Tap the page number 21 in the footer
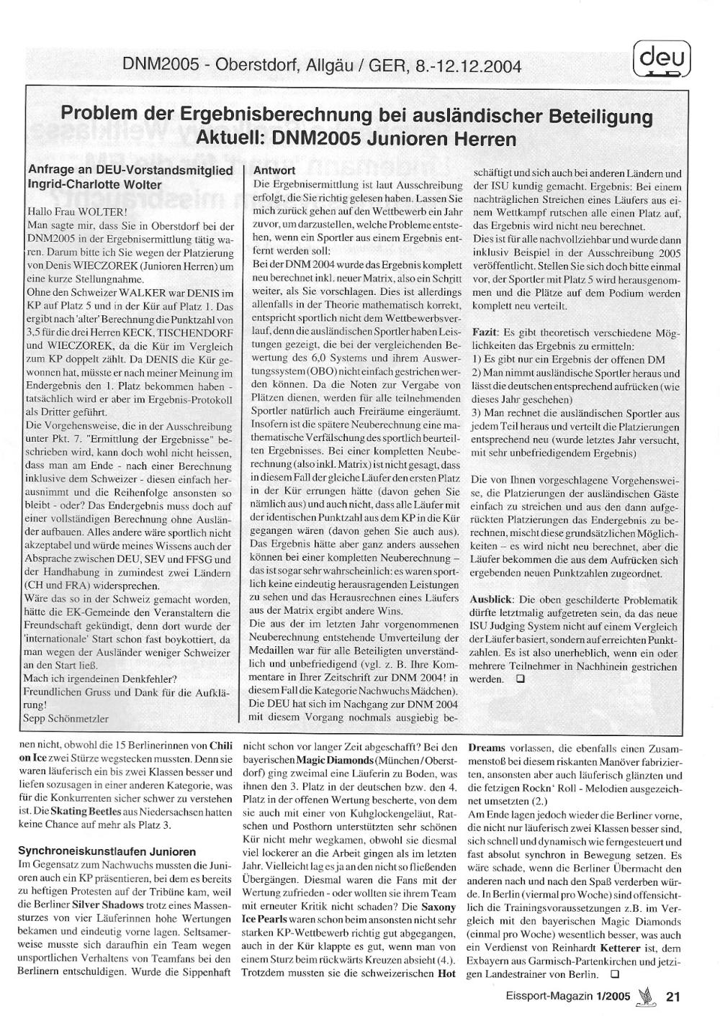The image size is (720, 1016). (x=673, y=997)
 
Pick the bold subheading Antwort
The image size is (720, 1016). (x=274, y=171)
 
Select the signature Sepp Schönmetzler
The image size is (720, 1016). (x=67, y=718)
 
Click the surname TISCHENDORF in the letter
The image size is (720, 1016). (x=196, y=332)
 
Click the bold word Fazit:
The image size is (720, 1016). (x=487, y=334)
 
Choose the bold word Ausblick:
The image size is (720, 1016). (x=493, y=599)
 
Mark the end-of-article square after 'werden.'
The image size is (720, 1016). (x=520, y=679)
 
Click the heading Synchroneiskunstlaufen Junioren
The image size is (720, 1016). (x=107, y=851)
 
